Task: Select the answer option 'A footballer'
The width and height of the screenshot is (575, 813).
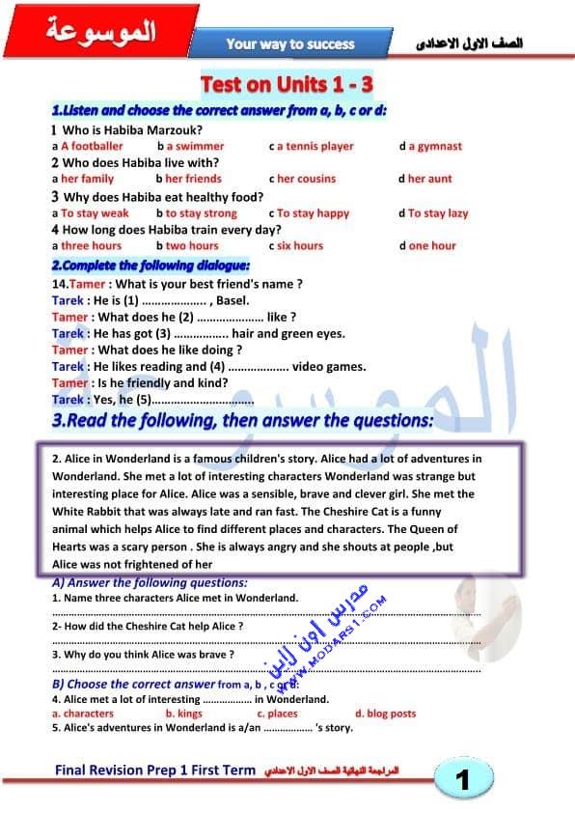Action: [92, 147]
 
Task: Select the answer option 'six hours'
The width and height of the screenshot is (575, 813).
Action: [299, 246]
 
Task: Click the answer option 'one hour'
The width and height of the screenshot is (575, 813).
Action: [431, 246]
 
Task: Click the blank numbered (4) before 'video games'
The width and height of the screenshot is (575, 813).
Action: [257, 367]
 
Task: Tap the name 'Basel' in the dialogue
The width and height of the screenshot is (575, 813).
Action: [233, 300]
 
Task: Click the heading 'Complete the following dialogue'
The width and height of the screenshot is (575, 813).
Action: [151, 266]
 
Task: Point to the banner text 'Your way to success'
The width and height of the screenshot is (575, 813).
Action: [290, 44]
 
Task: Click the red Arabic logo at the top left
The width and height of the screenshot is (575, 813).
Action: [101, 32]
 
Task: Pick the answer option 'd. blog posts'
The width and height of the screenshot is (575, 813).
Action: [385, 714]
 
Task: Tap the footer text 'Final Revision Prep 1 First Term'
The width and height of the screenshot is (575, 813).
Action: [155, 771]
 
